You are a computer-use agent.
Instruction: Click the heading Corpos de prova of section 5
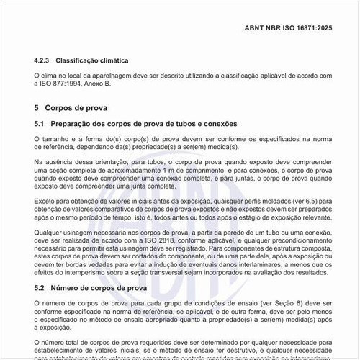(x=76, y=108)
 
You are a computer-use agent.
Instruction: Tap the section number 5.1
(x=40, y=124)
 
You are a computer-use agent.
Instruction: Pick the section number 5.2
(x=40, y=287)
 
